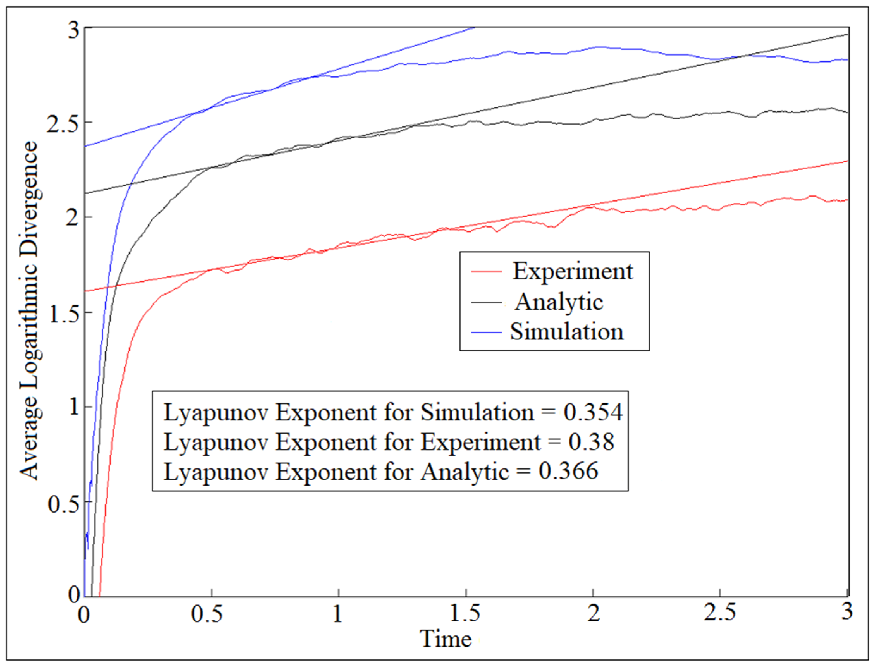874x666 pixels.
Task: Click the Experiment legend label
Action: [x=572, y=272]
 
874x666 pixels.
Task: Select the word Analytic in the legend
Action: [x=559, y=302]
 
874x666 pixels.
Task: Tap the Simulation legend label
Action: [x=567, y=332]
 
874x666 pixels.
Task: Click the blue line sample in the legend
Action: [x=487, y=332]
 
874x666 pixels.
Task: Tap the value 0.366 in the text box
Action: [x=568, y=472]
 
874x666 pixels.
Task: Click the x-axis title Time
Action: [x=445, y=639]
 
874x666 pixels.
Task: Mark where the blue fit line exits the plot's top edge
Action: [x=474, y=28]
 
